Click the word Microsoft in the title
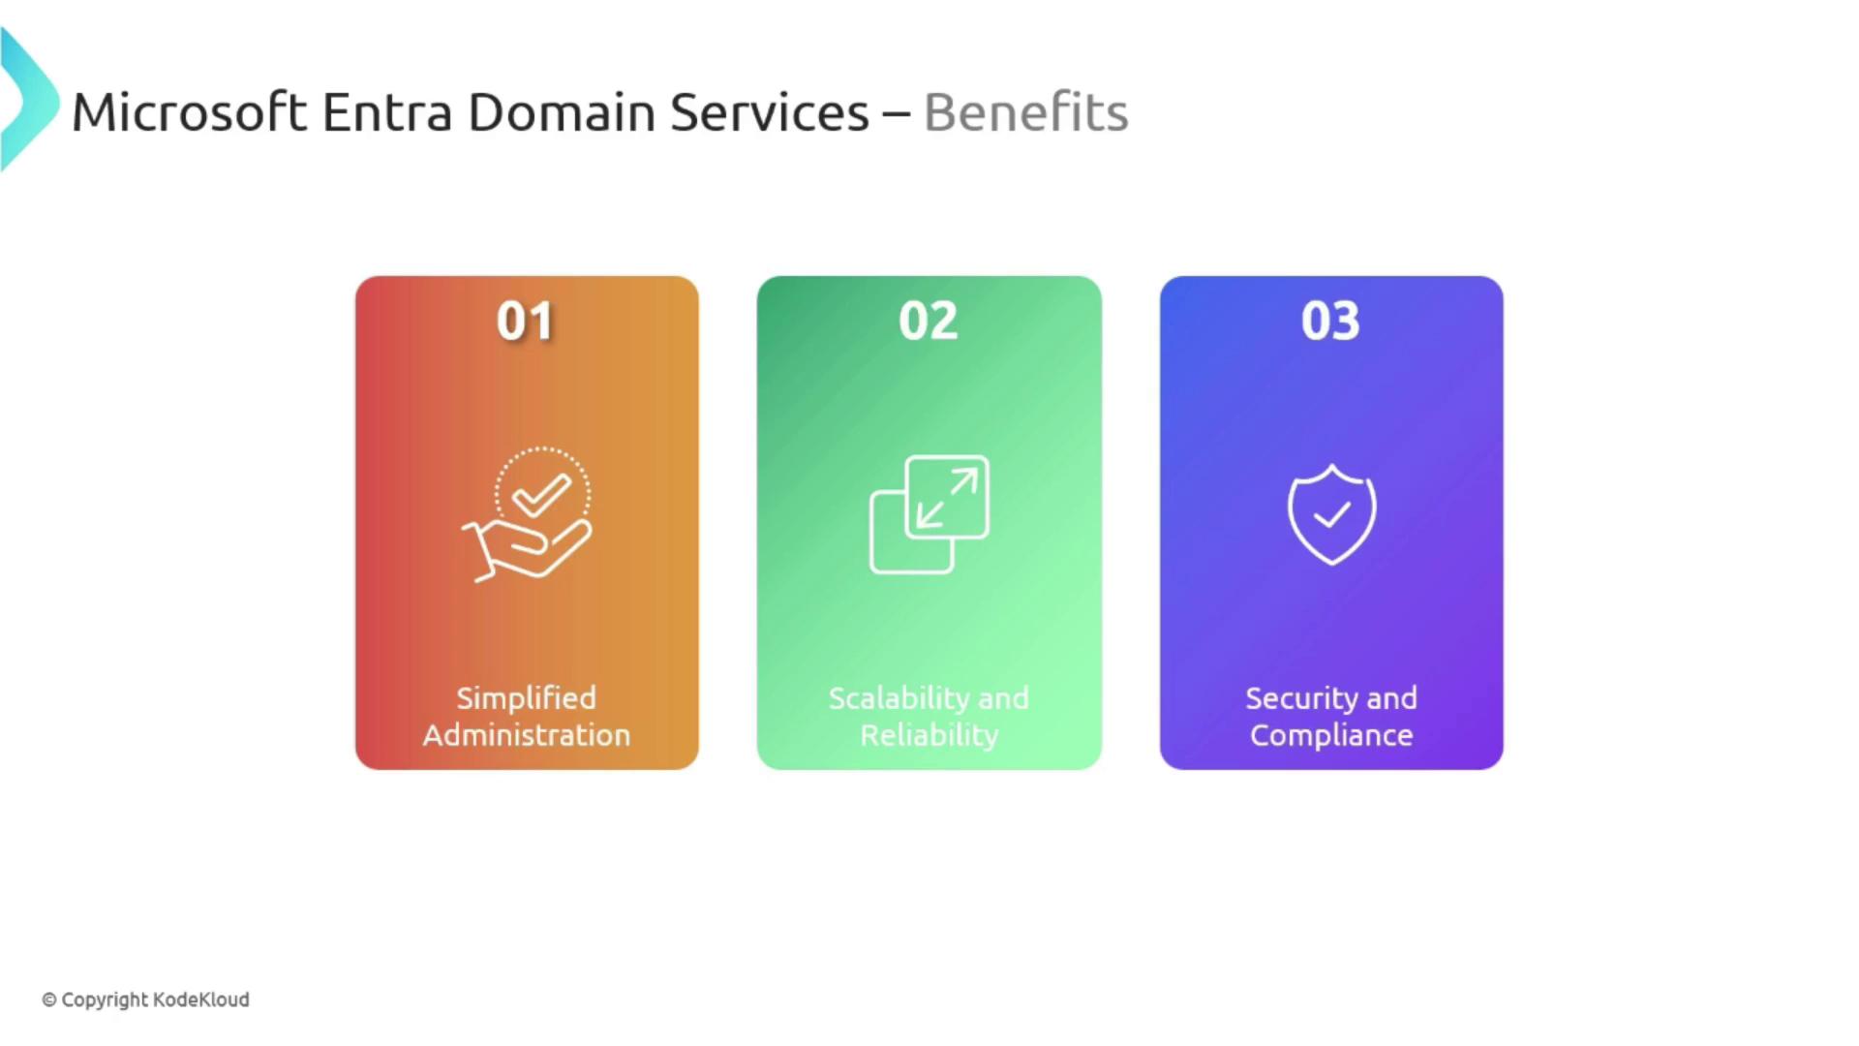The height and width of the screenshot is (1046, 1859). [x=190, y=112]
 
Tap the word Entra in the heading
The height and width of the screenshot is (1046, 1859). [x=387, y=112]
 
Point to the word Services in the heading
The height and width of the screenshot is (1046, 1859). [x=770, y=112]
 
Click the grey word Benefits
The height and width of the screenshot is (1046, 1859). [x=1026, y=112]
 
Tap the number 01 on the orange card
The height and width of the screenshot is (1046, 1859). [x=525, y=321]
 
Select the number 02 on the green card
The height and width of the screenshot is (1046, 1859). [x=929, y=321]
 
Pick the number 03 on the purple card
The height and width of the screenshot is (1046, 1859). [x=1330, y=321]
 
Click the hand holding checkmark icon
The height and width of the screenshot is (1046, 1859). [x=527, y=514]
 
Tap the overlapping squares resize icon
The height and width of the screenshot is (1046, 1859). [x=929, y=514]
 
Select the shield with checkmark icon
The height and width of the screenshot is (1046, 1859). [x=1331, y=514]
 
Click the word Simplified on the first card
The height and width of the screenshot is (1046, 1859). [x=527, y=698]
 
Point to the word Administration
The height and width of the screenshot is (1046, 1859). [x=527, y=735]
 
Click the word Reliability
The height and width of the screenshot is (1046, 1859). [x=929, y=735]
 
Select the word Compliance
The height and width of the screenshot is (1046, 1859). [x=1331, y=735]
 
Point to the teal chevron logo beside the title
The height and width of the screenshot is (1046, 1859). [x=29, y=100]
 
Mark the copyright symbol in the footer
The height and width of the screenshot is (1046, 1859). [x=49, y=1000]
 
